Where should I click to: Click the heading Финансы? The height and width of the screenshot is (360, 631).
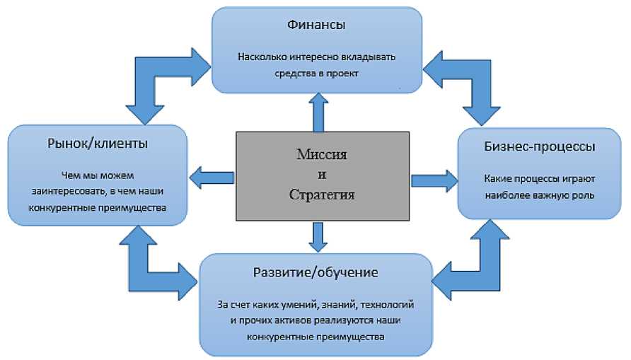(x=316, y=25)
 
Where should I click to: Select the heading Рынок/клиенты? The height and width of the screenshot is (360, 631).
(x=98, y=145)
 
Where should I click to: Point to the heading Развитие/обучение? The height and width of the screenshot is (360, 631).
(x=315, y=273)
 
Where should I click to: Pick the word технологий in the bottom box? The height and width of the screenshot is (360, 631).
(x=388, y=305)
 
